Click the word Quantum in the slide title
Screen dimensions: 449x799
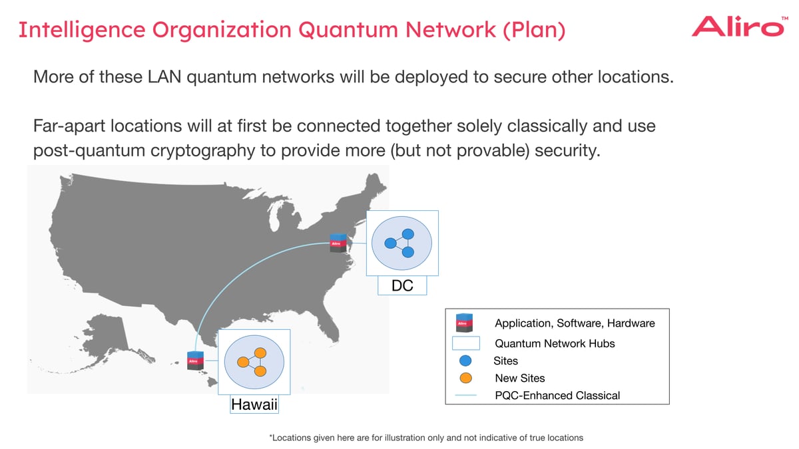coord(344,30)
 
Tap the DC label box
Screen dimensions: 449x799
coord(402,286)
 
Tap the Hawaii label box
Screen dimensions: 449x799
coord(254,404)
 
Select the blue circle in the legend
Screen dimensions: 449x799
coord(466,361)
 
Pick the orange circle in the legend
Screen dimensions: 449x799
coord(466,378)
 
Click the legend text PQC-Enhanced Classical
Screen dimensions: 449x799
coord(557,396)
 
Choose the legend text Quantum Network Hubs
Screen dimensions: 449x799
coord(555,344)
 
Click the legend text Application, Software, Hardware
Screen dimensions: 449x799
coord(575,323)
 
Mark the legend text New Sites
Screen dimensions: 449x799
coord(519,378)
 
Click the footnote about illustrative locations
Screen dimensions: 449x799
coord(425,438)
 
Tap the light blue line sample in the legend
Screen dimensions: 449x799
coord(466,396)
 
